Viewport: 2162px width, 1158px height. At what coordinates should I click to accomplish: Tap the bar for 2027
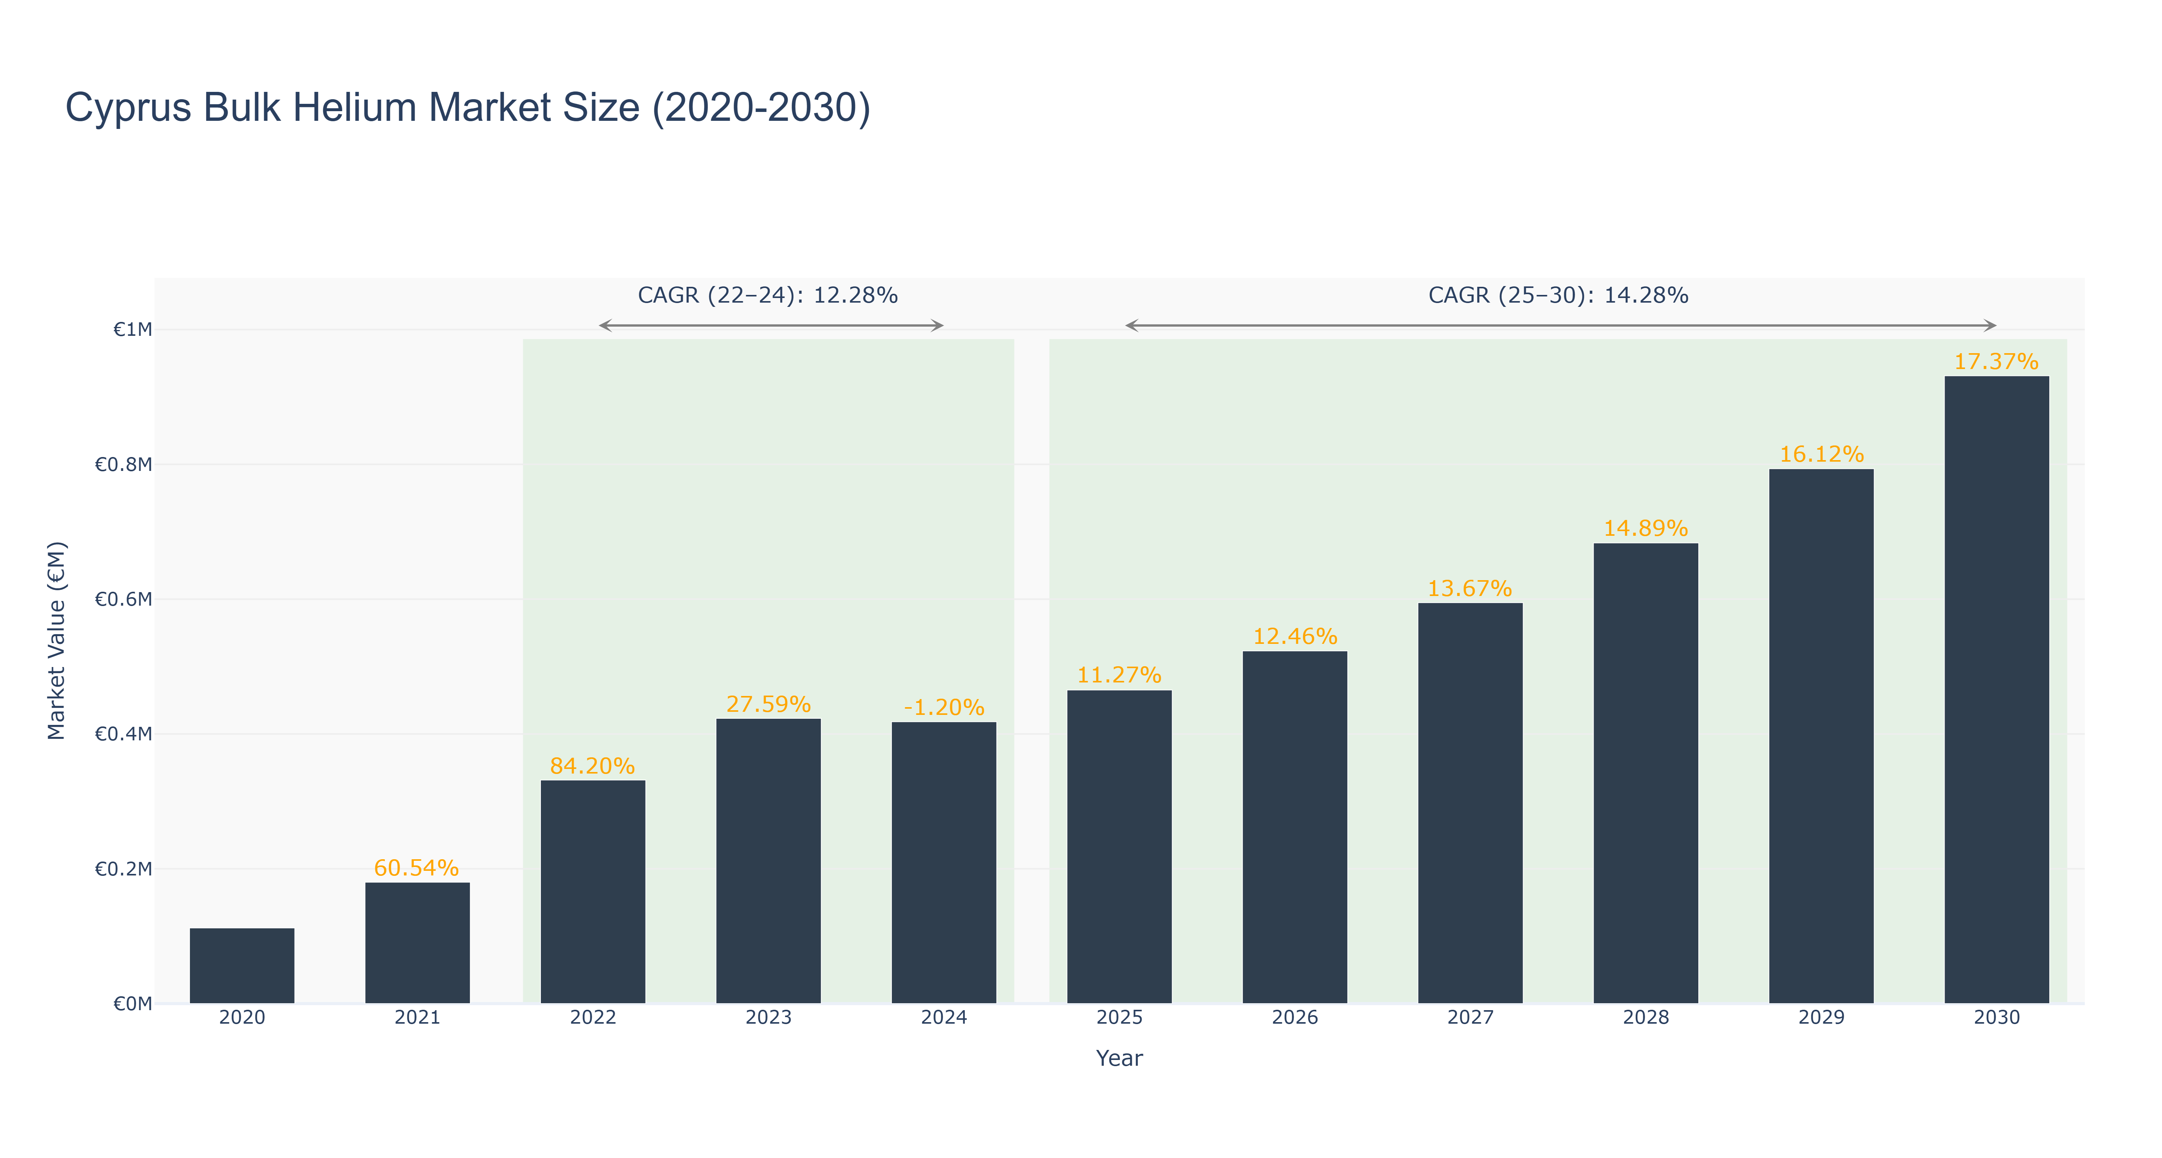(x=1471, y=803)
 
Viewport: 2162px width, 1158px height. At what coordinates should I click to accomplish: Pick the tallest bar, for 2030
(x=1997, y=690)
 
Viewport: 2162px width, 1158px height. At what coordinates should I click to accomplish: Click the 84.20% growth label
(x=593, y=766)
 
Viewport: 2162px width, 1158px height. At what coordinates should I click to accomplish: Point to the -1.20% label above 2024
(x=944, y=708)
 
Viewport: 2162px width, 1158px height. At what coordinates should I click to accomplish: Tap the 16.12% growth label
(x=1821, y=454)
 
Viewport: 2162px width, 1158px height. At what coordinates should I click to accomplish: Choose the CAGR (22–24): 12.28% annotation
(x=768, y=295)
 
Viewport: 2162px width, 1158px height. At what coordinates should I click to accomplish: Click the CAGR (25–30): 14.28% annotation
(x=1559, y=295)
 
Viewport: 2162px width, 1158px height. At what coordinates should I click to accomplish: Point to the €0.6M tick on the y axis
(x=124, y=599)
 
